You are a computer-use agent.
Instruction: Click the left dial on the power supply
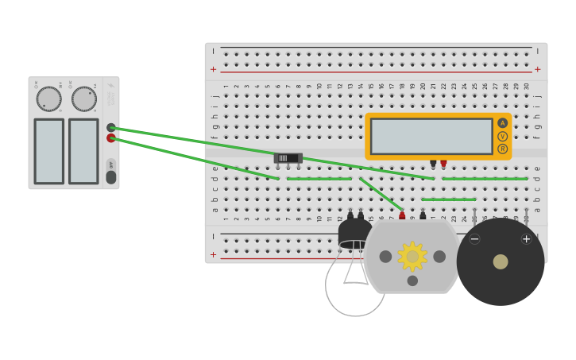[48, 99]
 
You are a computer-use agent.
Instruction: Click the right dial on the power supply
[84, 99]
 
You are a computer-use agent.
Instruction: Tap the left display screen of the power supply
[48, 151]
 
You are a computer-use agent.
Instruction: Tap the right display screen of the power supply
[83, 151]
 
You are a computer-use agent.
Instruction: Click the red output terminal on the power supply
[111, 138]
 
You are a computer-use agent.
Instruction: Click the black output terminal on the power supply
[111, 127]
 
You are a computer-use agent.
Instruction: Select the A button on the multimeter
[502, 123]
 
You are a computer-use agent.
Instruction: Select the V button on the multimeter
[502, 136]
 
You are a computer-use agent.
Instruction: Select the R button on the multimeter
[502, 149]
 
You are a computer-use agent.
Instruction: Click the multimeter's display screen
[431, 136]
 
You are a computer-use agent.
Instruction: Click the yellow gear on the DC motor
[412, 256]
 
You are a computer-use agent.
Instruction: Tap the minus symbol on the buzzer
[474, 238]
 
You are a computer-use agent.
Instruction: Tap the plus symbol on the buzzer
[526, 238]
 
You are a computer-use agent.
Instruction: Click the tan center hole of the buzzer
[501, 261]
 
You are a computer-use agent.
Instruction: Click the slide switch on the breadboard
[288, 158]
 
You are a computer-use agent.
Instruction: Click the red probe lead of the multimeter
[443, 164]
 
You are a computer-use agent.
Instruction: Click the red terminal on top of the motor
[402, 215]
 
